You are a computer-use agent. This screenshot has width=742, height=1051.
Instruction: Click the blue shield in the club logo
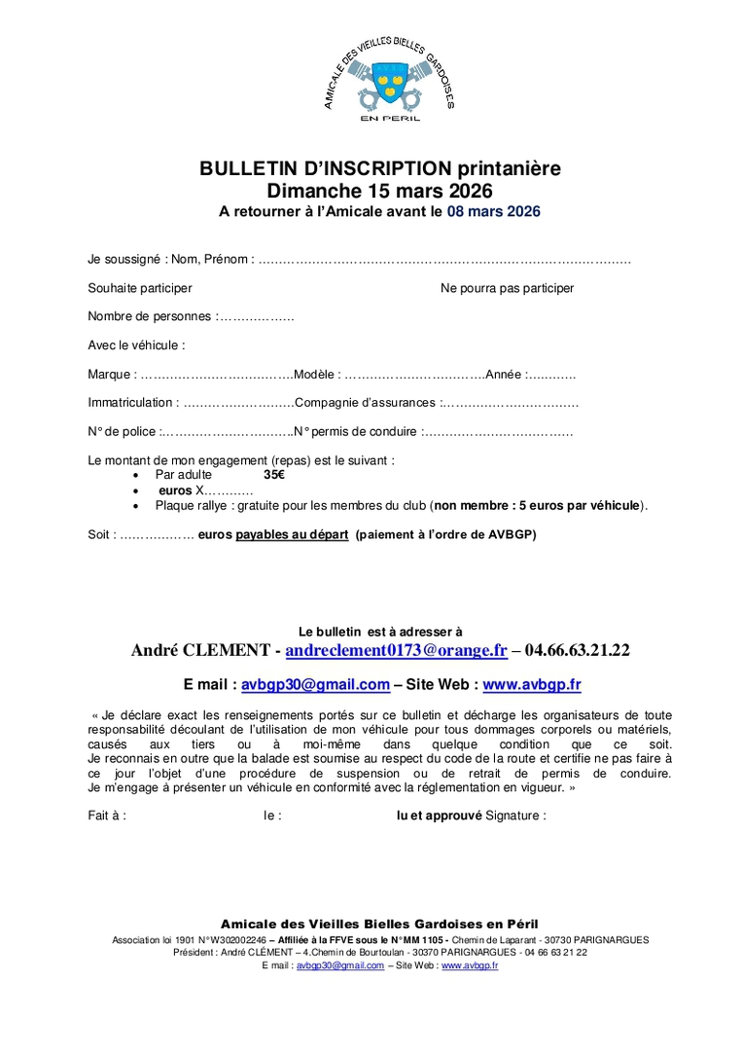coord(391,78)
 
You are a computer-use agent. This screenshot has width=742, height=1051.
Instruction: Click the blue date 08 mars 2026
coord(493,210)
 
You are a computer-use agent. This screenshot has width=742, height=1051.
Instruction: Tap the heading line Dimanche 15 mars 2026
coord(380,190)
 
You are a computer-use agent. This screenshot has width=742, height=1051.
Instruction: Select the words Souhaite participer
coord(139,288)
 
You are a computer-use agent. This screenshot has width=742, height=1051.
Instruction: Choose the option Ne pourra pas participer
coord(507,288)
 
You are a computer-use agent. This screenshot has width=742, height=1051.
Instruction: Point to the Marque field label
coord(109,374)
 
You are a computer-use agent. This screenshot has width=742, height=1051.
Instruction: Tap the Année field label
coord(503,374)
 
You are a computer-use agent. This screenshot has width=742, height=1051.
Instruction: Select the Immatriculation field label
coord(130,402)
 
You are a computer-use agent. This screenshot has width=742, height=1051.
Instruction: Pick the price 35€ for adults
coord(274,475)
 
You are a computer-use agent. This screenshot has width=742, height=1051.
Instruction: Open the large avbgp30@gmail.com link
coord(315,684)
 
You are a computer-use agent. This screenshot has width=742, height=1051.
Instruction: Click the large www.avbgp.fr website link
coord(531,684)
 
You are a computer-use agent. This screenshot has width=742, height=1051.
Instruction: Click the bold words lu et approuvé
coord(439,815)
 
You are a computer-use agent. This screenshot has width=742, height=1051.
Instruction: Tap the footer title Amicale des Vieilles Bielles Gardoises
coord(379,924)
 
